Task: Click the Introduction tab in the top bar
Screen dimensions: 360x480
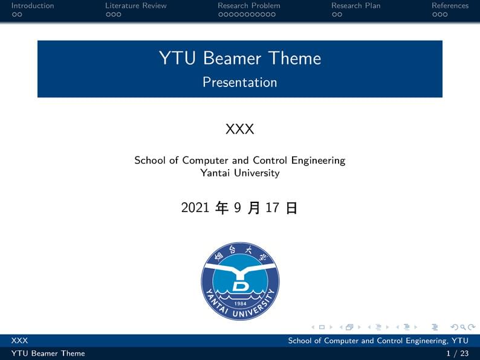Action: click(x=33, y=5)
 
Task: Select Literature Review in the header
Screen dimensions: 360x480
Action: click(x=135, y=5)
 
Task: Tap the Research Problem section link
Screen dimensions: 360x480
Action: click(x=248, y=5)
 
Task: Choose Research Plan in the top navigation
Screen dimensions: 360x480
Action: click(x=355, y=5)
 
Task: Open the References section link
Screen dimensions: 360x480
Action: click(x=450, y=5)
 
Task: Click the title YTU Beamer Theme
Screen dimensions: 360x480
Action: click(x=240, y=58)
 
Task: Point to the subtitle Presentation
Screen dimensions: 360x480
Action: click(x=240, y=82)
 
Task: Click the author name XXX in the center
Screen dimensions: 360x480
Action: click(x=240, y=129)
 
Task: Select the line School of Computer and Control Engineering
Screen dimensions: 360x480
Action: click(x=240, y=160)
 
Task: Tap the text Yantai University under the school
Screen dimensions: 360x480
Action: click(x=240, y=173)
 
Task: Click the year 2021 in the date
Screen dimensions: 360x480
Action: click(x=195, y=208)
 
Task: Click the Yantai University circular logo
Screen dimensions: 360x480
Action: click(x=240, y=281)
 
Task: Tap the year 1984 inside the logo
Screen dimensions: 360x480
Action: click(x=240, y=303)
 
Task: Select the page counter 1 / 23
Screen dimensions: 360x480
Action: click(x=457, y=353)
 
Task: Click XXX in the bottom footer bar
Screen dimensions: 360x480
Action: click(x=20, y=341)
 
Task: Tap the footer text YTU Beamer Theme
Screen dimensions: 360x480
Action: click(x=48, y=353)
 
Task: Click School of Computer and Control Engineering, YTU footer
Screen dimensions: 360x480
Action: click(x=378, y=341)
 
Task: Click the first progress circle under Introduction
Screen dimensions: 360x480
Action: click(x=14, y=14)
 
